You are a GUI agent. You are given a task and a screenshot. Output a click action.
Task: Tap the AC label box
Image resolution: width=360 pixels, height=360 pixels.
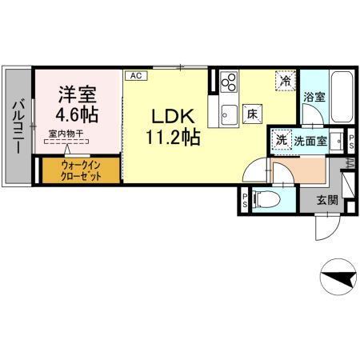point(136,75)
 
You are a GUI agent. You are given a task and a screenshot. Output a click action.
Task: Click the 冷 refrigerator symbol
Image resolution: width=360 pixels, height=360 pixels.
point(286,80)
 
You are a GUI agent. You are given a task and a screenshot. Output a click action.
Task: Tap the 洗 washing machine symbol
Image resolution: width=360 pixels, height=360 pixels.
point(281,140)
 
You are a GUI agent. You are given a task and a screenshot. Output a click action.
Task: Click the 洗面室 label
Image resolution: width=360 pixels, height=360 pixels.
point(310,141)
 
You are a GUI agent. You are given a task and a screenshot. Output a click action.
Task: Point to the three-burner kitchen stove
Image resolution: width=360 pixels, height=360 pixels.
point(229,82)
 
